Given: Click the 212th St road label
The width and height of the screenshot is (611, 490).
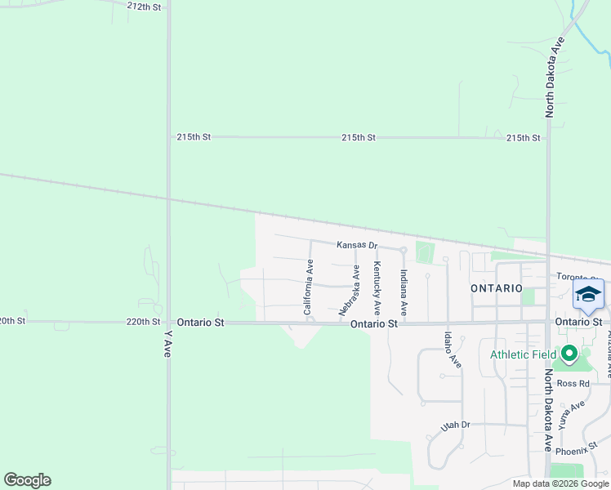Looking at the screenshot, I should pyautogui.click(x=145, y=7).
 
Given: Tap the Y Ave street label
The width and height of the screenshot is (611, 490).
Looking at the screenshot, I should pyautogui.click(x=167, y=344).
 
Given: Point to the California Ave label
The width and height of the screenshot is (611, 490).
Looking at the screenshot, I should pyautogui.click(x=308, y=287).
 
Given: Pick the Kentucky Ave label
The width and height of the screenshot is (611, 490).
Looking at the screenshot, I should pyautogui.click(x=377, y=288).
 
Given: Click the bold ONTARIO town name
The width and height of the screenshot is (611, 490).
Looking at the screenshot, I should pyautogui.click(x=497, y=288).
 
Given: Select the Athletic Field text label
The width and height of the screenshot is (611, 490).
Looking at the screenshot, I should pyautogui.click(x=523, y=354).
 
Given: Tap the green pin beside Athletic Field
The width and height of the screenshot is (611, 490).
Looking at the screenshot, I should pyautogui.click(x=569, y=354).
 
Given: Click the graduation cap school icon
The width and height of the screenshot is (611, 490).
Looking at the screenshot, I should pyautogui.click(x=588, y=294).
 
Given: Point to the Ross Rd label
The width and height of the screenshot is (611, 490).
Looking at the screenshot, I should pyautogui.click(x=573, y=383).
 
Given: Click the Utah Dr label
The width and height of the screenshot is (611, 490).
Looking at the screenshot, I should pyautogui.click(x=456, y=425).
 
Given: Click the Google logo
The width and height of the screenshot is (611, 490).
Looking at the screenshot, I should pyautogui.click(x=27, y=480).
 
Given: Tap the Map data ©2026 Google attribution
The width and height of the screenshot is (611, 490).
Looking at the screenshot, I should pyautogui.click(x=560, y=483).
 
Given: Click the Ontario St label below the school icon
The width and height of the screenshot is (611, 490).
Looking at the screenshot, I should pyautogui.click(x=578, y=322).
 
